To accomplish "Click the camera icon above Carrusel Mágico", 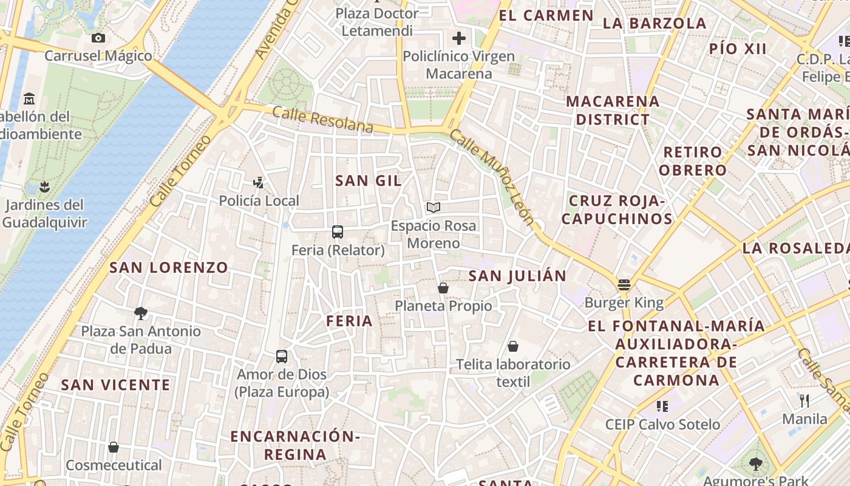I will [x=98, y=38].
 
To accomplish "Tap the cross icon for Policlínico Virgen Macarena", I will [x=459, y=39].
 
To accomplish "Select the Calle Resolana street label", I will [x=322, y=119].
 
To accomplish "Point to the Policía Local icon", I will [x=259, y=182].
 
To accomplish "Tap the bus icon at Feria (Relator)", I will [x=338, y=231].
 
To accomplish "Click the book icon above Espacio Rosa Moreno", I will [x=433, y=208].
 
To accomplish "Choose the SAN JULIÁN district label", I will [x=517, y=276].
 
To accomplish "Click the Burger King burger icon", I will [x=624, y=284].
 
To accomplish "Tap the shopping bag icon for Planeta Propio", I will [x=443, y=288].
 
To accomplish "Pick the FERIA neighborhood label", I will [x=349, y=321].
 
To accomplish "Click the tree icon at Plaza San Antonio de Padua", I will [x=141, y=313].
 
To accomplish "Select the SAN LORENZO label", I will [x=169, y=267].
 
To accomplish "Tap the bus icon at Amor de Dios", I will [x=282, y=357].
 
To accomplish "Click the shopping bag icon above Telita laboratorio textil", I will [x=513, y=346].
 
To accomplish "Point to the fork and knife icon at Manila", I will [x=805, y=401].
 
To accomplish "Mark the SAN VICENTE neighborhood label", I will [x=116, y=385].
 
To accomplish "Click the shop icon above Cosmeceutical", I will [x=114, y=448].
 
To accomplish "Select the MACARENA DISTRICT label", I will [x=613, y=111].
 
